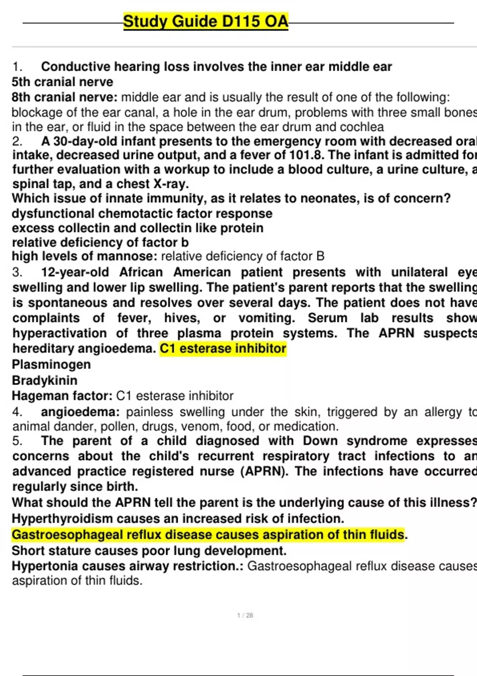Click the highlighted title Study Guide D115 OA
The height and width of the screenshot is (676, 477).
click(206, 21)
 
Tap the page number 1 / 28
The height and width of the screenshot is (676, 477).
click(245, 615)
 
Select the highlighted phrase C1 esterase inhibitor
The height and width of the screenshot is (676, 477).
click(223, 349)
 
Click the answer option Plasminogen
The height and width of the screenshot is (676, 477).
click(51, 364)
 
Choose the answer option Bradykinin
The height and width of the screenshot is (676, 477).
click(45, 380)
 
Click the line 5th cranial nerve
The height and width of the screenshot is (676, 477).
click(62, 82)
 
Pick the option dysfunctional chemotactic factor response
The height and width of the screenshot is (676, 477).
click(142, 214)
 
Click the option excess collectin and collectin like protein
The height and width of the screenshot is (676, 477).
click(138, 228)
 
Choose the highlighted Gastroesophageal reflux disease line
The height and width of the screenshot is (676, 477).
click(208, 535)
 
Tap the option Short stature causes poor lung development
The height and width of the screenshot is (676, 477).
click(149, 551)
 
